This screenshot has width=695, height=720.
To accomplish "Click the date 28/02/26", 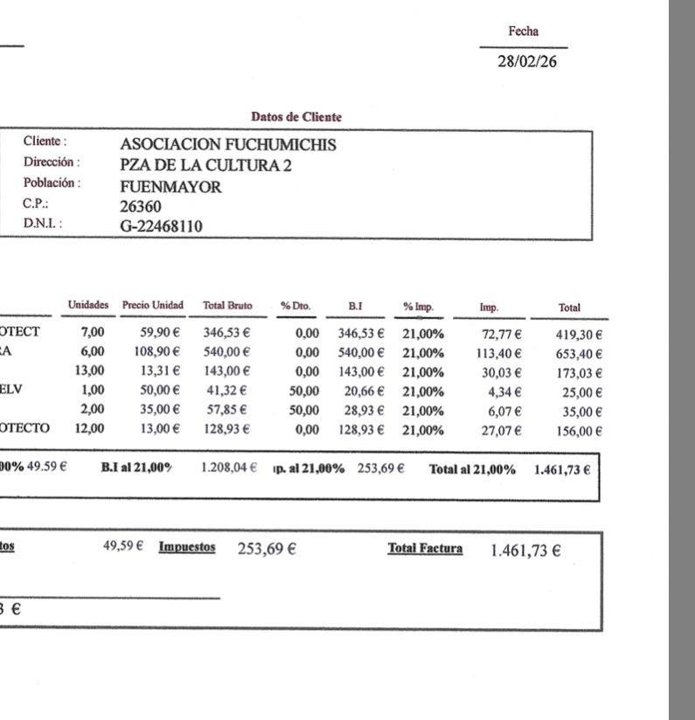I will [526, 62].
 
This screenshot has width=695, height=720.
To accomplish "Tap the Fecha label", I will [524, 31].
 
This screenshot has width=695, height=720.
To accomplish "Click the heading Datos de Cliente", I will [296, 117].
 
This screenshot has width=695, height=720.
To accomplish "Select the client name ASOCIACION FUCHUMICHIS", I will [227, 145].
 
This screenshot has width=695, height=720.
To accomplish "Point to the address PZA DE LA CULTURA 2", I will [205, 164].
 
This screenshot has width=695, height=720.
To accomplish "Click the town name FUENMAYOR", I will [170, 186].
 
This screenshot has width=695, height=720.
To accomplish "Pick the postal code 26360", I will [141, 206].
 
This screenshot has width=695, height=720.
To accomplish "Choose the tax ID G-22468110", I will [161, 226].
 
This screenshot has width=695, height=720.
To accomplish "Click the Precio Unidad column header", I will [153, 306].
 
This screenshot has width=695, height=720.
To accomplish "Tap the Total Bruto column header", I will [227, 307].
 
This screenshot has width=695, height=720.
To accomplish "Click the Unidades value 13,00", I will [90, 371].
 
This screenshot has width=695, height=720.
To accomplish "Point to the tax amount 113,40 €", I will [498, 353].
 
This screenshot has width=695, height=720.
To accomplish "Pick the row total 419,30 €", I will [579, 334].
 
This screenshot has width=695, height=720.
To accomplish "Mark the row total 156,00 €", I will [579, 431].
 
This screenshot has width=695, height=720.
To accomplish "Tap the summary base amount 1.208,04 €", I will [228, 468].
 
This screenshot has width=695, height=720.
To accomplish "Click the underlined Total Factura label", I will [425, 549].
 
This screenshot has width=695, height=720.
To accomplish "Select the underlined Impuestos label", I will [186, 547].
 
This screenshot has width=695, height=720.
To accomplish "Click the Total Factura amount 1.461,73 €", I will [525, 550].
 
